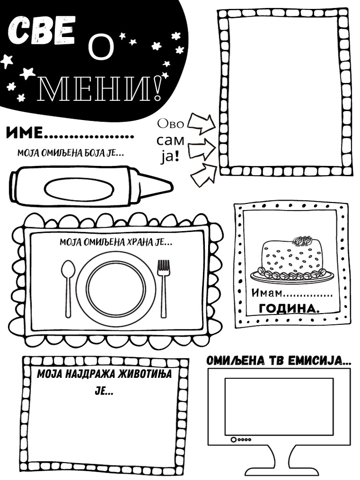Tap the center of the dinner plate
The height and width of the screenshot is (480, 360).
click(115, 288)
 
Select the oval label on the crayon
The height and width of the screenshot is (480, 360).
click(79, 188)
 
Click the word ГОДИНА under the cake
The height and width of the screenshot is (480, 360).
click(288, 308)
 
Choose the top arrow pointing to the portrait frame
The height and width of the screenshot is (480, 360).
click(201, 123)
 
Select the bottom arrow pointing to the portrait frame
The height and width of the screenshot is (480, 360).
click(203, 174)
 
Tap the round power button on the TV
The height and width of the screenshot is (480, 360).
click(233, 440)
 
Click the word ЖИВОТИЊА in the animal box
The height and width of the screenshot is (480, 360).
click(141, 374)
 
